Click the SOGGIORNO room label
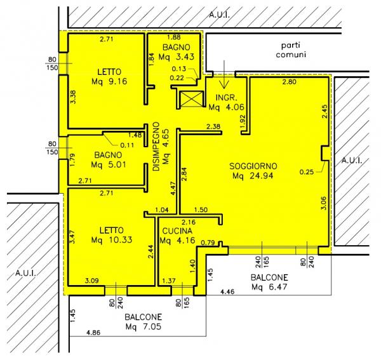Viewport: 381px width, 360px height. (x=253, y=166)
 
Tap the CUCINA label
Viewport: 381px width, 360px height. (x=177, y=230)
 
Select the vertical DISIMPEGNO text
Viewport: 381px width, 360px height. (x=156, y=147)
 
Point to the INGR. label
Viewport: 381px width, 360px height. (x=226, y=98)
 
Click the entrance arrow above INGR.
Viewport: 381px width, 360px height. (x=224, y=74)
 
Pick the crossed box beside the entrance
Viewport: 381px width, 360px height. (x=192, y=99)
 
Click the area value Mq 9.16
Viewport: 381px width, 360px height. (x=109, y=81)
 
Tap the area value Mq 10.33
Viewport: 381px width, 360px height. (x=112, y=240)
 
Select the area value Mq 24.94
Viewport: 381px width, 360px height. (x=253, y=176)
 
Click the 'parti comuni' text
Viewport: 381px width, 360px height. (x=291, y=50)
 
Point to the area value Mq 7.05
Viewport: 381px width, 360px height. (x=144, y=327)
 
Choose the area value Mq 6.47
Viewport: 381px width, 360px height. (x=269, y=287)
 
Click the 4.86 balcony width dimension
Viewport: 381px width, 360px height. (x=93, y=332)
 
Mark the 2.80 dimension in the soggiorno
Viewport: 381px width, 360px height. (x=289, y=82)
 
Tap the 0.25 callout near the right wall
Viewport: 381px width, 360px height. (x=307, y=172)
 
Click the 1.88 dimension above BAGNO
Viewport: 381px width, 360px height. (x=174, y=37)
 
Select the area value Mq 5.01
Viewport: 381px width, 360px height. (x=109, y=164)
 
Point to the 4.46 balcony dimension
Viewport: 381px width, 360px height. (x=227, y=291)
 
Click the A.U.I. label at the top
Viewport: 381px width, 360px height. (x=220, y=15)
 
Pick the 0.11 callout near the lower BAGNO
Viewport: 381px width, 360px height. (x=127, y=145)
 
